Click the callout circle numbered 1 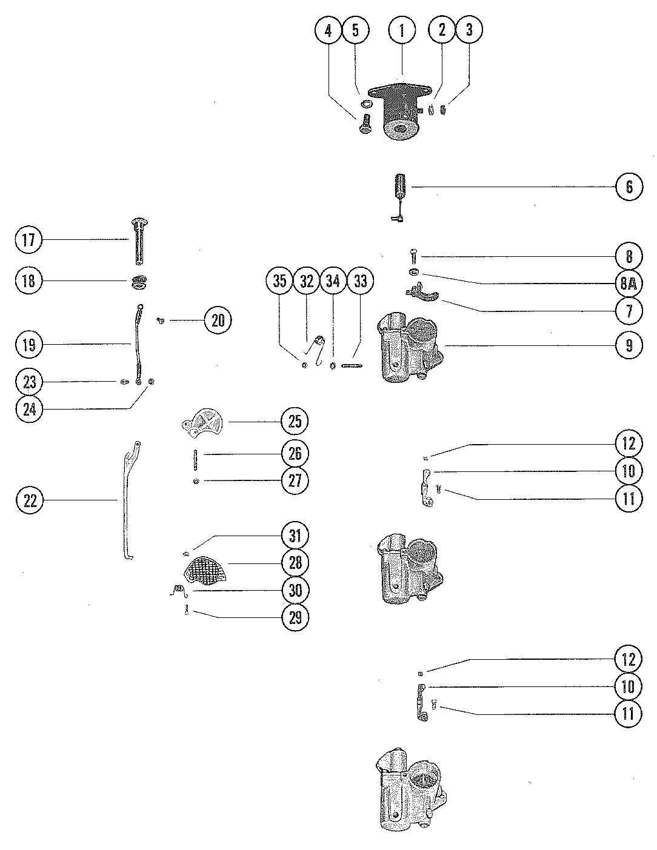pos(402,30)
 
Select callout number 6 pos(629,187)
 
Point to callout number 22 pos(30,500)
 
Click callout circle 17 pos(29,240)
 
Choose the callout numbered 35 pos(280,281)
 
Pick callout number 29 pos(295,617)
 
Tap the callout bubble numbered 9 pos(629,345)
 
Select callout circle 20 pos(218,320)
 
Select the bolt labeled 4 pos(364,124)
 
